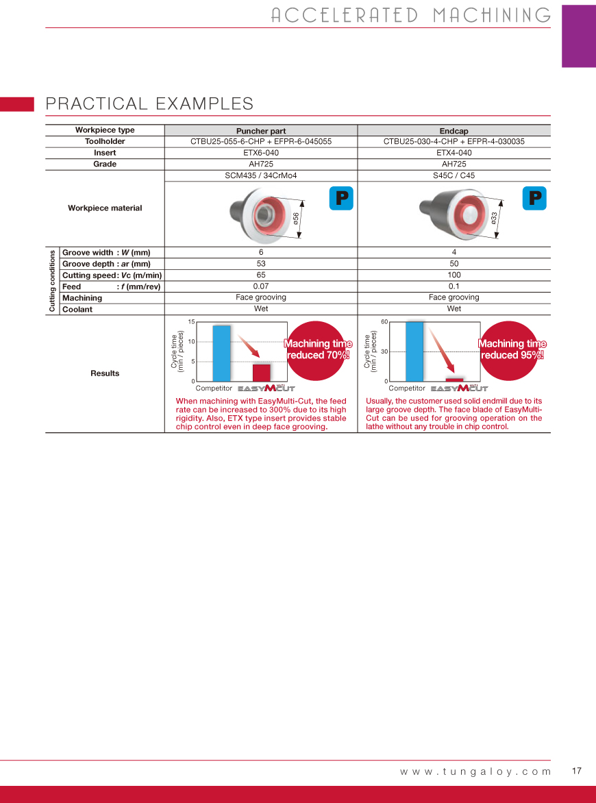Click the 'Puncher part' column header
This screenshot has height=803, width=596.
[261, 131]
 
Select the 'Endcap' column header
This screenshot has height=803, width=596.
[454, 131]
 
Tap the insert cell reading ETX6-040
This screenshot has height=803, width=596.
[261, 153]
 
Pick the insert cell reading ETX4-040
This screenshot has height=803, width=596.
[454, 153]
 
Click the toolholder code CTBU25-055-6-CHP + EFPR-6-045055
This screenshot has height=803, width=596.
[261, 142]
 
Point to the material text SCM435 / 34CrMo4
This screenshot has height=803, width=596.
[261, 175]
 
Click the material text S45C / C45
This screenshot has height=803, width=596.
[454, 175]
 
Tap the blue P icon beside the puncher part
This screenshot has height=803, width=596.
[340, 197]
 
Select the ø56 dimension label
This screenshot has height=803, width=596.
[296, 219]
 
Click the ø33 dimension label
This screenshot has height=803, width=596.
[494, 218]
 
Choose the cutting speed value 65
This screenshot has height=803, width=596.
[261, 275]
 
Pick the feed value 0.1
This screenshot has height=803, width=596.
[454, 286]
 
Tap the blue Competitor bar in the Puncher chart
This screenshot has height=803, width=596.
[221, 353]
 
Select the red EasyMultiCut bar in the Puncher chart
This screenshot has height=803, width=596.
[261, 372]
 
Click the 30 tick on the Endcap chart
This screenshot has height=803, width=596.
[384, 351]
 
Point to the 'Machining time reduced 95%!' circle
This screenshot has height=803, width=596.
[512, 349]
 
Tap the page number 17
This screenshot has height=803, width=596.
[576, 771]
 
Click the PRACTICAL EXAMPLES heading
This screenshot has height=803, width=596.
[149, 103]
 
